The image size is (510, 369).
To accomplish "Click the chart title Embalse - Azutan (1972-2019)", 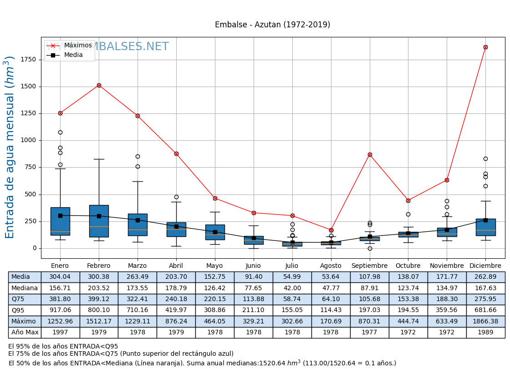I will point(272,25).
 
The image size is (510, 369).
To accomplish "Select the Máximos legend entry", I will point(78,46).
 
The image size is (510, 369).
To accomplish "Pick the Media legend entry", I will point(73,55).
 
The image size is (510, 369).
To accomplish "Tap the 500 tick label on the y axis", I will point(31,195).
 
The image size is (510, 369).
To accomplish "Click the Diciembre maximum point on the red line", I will point(485,47).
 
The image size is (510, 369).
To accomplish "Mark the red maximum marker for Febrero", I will point(99,85).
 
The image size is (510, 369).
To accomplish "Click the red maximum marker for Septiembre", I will point(370,154).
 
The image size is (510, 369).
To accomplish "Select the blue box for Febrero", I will point(99,221).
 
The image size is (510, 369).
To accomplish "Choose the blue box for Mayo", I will point(215,232).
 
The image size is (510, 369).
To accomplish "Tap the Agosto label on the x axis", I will point(331,266).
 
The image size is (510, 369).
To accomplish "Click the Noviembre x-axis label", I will point(447,266).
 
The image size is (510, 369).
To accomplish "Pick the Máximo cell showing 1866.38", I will point(485,322).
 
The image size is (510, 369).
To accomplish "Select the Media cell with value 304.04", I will point(60,277).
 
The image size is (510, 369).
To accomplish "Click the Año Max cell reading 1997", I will point(60,333).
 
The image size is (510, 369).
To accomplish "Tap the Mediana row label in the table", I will point(25,288).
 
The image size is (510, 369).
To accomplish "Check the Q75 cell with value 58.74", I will point(292,299).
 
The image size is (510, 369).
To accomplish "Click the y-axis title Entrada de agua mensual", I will point(10,147).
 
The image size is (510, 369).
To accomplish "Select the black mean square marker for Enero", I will point(60,215).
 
